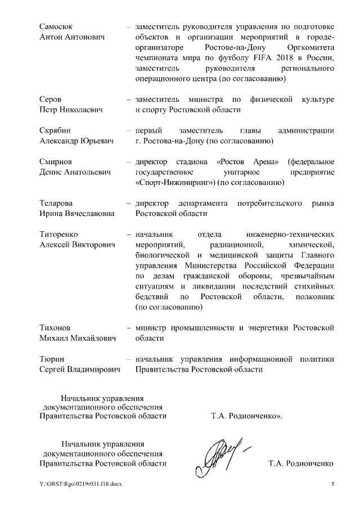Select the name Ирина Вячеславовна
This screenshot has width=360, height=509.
(77, 214)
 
